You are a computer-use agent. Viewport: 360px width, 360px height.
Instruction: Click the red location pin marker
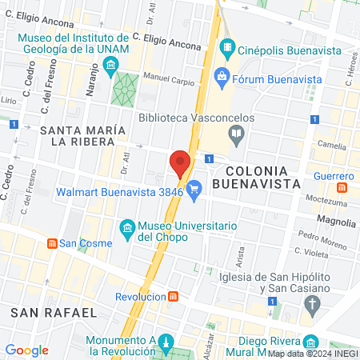coord(180,163)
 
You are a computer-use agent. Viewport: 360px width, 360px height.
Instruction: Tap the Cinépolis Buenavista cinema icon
coord(227,48)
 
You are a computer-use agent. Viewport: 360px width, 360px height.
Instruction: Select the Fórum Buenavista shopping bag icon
coord(222,78)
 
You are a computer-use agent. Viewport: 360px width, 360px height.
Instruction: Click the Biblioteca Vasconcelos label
coord(197,118)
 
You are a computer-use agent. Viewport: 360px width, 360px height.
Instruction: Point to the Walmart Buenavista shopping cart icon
coord(193,190)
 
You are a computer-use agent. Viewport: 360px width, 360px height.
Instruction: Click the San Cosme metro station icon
coord(52,243)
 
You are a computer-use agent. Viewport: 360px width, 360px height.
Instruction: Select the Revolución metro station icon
coord(173,296)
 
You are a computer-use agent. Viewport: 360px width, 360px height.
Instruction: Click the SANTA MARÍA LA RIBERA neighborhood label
coord(80,135)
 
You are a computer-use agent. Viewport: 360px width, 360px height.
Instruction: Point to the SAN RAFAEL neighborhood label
coord(50,311)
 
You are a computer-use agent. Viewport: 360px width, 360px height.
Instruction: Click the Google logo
coord(26,350)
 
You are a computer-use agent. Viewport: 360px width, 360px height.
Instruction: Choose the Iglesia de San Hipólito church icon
coord(313,304)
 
